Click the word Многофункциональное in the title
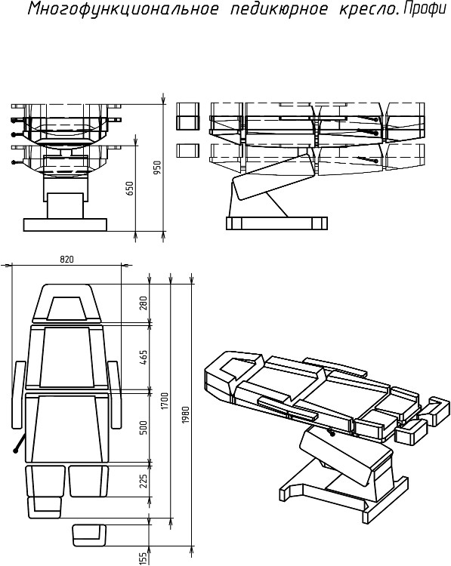[123, 8]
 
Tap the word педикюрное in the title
[280, 8]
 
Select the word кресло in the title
[369, 8]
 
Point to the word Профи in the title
[424, 8]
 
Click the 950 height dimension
[158, 168]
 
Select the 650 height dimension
[129, 189]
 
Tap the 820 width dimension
[66, 259]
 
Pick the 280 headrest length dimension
[144, 304]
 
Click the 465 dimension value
[144, 357]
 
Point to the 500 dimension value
[144, 427]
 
